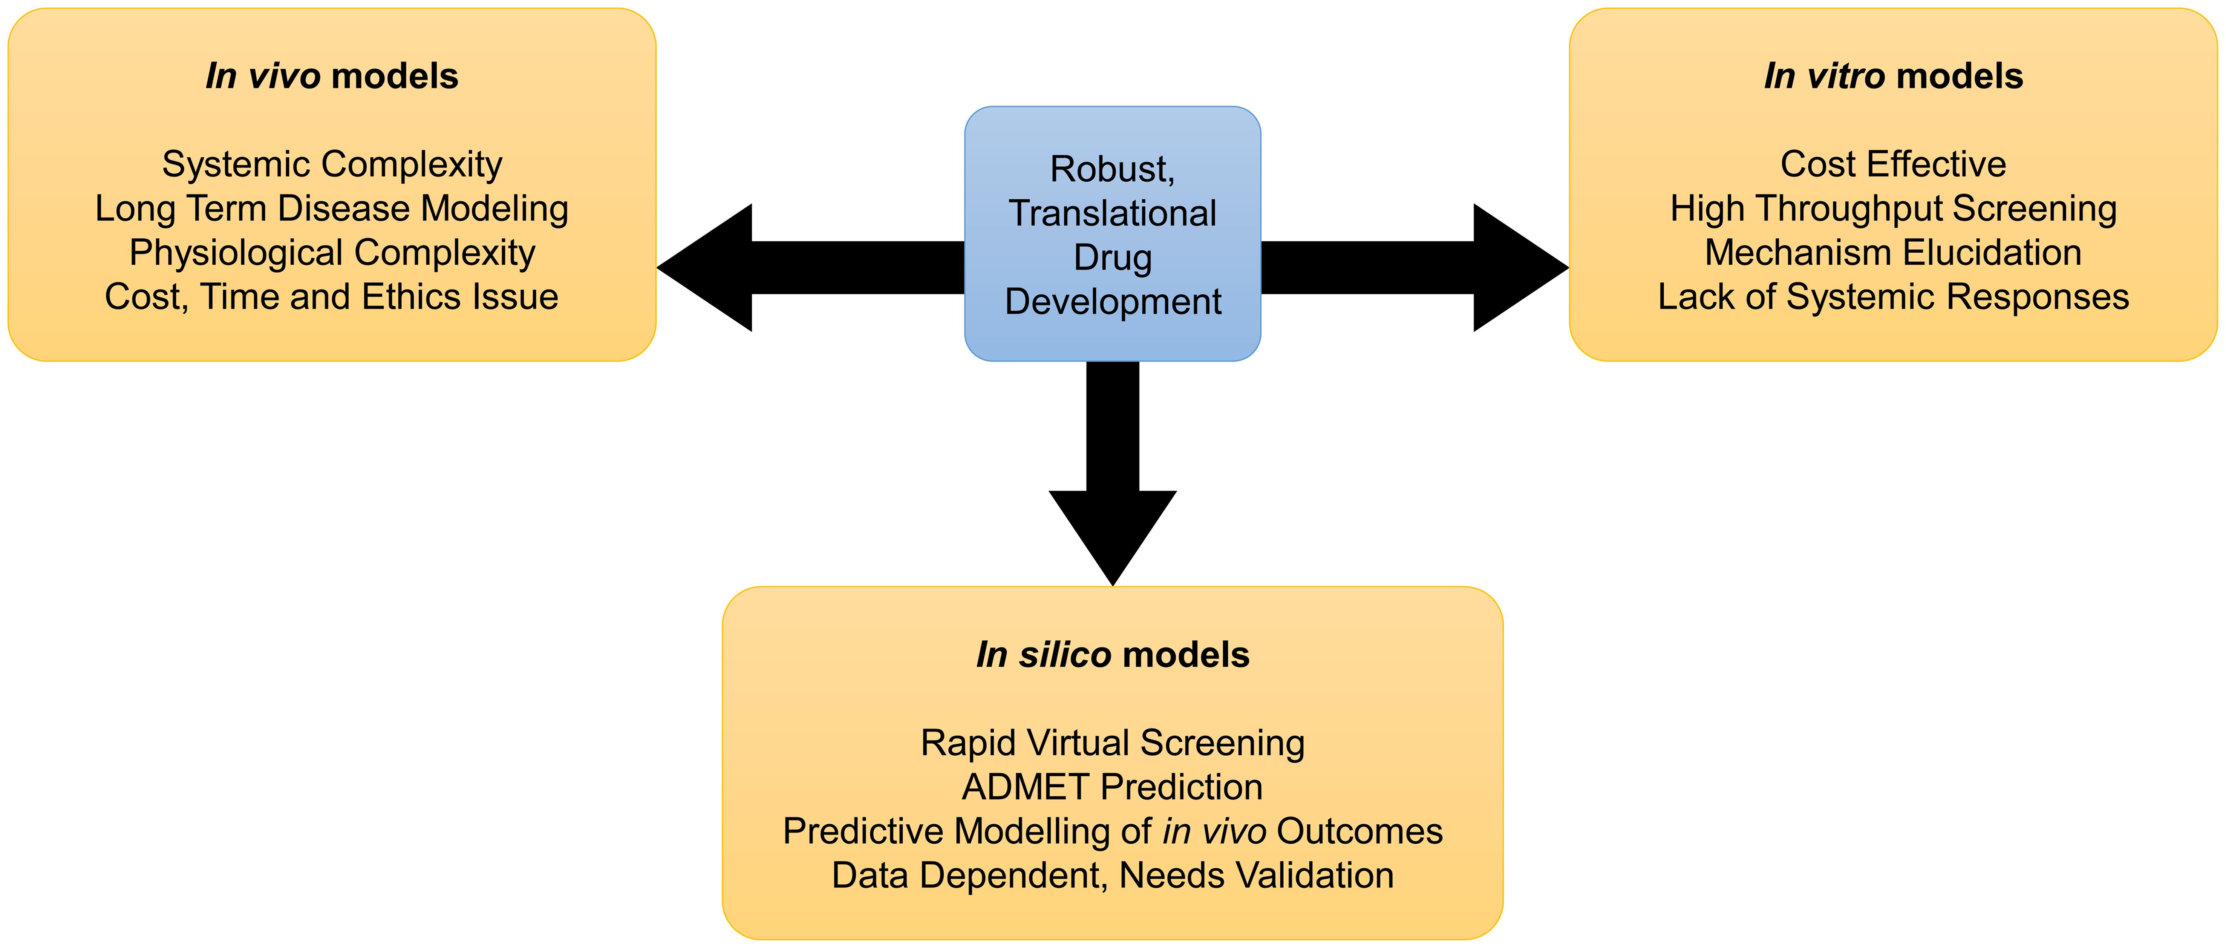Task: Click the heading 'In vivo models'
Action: tap(332, 76)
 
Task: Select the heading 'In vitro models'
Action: tap(1893, 76)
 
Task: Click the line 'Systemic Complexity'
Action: tap(332, 164)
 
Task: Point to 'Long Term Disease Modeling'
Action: tap(332, 208)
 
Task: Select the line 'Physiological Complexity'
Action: tap(332, 252)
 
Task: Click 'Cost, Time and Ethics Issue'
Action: tap(332, 296)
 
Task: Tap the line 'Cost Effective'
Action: tap(1893, 164)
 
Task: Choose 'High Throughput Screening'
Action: tap(1893, 208)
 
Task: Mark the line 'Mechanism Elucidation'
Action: tap(1893, 252)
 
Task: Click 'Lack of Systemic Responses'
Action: tap(1893, 296)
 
